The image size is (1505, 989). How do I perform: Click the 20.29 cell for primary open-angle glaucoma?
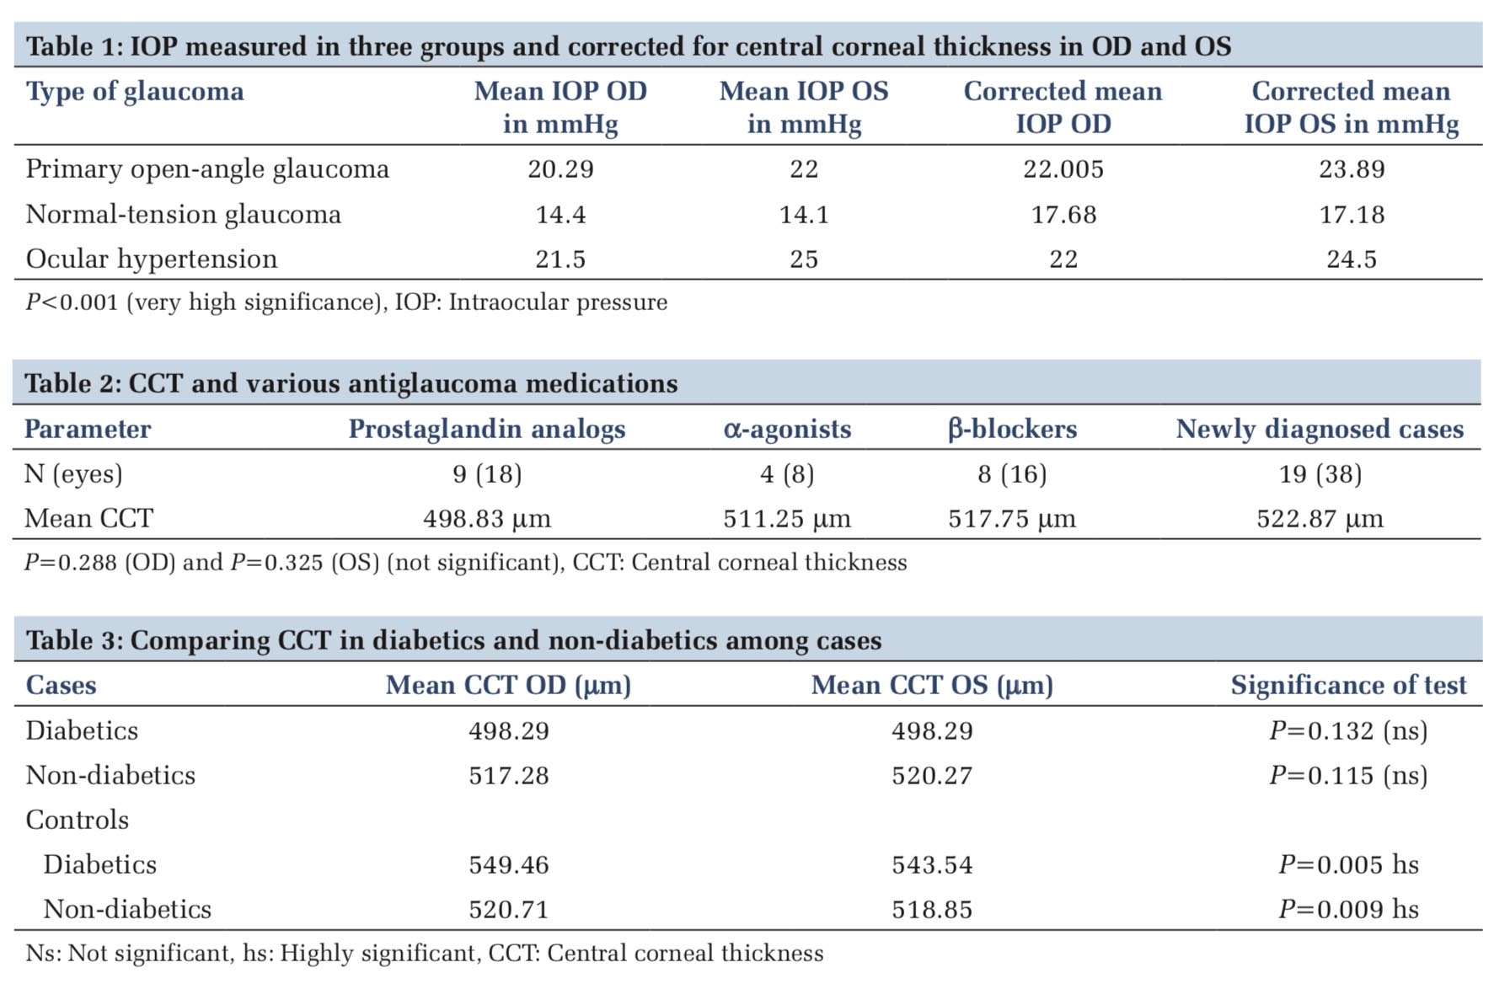(x=560, y=169)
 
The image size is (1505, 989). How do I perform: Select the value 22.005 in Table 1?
(x=1063, y=169)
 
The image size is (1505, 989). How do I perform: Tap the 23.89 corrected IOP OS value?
(x=1351, y=169)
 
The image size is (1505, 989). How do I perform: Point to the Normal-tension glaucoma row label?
(x=183, y=215)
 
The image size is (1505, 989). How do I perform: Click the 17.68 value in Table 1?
(x=1063, y=215)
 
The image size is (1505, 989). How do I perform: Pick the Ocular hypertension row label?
(x=151, y=259)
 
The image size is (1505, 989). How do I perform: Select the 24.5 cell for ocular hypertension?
(x=1351, y=259)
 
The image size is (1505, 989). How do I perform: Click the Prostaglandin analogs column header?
(x=487, y=429)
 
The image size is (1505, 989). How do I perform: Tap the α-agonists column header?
(x=787, y=429)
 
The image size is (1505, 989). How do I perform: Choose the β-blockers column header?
(x=1012, y=429)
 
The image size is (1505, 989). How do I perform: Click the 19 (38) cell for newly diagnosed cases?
(x=1320, y=474)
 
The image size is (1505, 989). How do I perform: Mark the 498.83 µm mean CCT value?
(x=487, y=518)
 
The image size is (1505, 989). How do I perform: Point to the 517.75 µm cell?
(x=1012, y=518)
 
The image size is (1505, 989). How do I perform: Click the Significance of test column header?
(x=1348, y=685)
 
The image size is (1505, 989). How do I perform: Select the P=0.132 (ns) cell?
(x=1348, y=730)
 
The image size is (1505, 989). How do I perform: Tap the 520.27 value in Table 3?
(x=932, y=775)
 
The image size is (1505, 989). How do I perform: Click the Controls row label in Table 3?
(x=77, y=820)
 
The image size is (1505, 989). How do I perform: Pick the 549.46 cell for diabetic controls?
(x=508, y=864)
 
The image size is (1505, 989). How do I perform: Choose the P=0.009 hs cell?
(x=1348, y=909)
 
